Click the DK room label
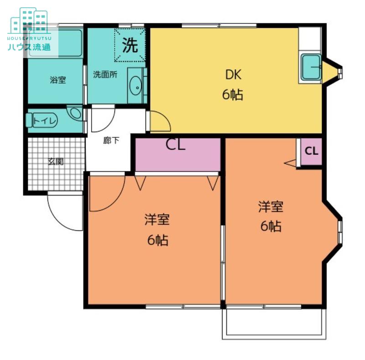[233, 74]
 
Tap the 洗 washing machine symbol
[130, 45]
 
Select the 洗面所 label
[105, 74]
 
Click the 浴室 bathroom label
[58, 80]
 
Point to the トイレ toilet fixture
[42, 120]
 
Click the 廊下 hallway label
[111, 140]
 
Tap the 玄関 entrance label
[56, 161]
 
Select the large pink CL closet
[178, 154]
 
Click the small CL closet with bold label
[311, 152]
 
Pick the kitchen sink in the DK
[311, 67]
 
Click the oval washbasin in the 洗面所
[135, 86]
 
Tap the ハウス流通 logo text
[29, 47]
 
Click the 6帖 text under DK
[233, 95]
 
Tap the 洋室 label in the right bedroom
[271, 206]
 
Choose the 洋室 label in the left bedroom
[157, 219]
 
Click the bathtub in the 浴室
[55, 43]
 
